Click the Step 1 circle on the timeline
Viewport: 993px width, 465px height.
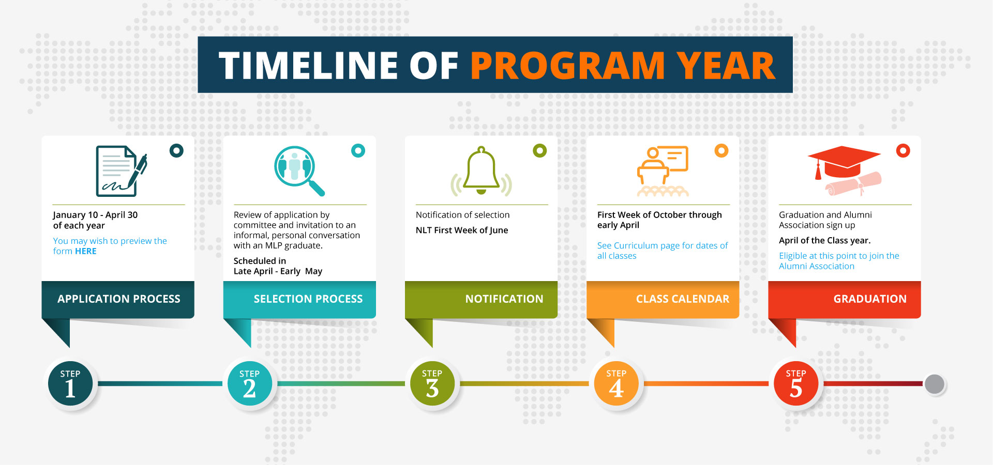(x=70, y=384)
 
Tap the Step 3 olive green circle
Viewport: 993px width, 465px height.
(x=432, y=384)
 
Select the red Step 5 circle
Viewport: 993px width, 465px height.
(x=796, y=384)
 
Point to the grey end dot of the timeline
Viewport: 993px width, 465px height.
(x=935, y=384)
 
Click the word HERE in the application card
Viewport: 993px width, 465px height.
(x=86, y=251)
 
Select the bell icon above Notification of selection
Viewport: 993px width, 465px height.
(x=481, y=171)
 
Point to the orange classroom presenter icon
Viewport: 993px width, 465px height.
(x=663, y=171)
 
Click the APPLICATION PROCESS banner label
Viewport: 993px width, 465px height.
(x=119, y=299)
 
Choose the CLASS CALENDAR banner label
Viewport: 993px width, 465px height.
(x=683, y=299)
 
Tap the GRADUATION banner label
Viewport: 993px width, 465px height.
(x=870, y=299)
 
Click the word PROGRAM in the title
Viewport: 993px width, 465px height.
(x=567, y=66)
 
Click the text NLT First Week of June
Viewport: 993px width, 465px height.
(x=462, y=230)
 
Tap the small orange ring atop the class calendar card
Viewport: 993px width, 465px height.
(x=721, y=150)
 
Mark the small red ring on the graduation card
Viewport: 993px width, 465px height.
(x=903, y=150)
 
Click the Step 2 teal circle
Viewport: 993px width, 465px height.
(x=250, y=384)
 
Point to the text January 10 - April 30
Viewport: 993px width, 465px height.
(x=95, y=215)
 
